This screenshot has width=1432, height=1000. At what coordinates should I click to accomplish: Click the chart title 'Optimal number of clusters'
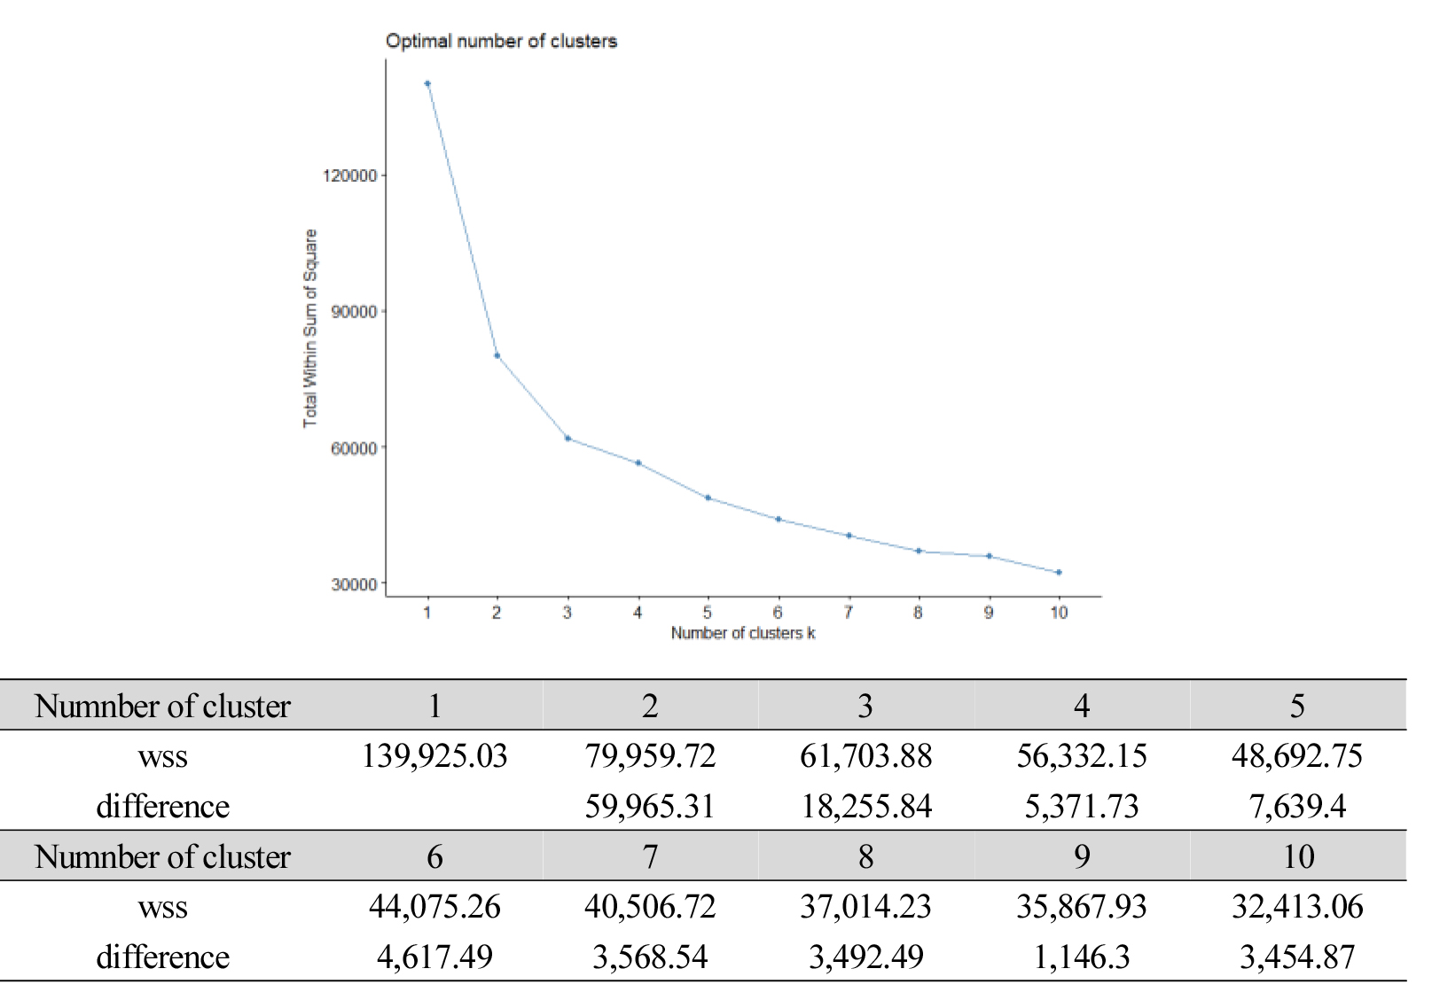(501, 41)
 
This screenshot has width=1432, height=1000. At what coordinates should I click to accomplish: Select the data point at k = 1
(427, 83)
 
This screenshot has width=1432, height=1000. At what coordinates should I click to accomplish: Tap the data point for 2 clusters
(497, 355)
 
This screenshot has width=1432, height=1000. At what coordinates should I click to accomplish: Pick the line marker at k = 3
(567, 438)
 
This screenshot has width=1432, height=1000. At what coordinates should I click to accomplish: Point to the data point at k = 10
(1059, 573)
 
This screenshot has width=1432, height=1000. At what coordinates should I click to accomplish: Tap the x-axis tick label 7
(849, 613)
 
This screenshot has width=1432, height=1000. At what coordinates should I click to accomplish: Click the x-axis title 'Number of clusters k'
(743, 633)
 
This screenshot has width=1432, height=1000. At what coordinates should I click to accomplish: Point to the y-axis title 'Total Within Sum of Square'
(310, 328)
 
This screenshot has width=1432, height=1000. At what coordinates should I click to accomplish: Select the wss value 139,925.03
(434, 756)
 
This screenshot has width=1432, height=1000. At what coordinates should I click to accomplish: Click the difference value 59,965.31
(650, 807)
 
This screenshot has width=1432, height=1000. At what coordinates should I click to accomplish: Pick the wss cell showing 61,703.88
(866, 756)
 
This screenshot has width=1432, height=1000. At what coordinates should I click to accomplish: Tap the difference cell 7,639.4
(1297, 807)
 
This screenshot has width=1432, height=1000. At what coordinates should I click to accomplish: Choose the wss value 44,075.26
(434, 907)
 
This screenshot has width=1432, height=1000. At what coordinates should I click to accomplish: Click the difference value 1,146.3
(1082, 957)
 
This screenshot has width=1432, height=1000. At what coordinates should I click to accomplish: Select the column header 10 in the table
(1298, 856)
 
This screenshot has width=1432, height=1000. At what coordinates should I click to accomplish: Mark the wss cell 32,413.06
(1297, 907)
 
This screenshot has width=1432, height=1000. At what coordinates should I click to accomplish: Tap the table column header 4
(1082, 706)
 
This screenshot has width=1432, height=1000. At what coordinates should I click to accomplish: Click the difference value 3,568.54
(650, 957)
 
